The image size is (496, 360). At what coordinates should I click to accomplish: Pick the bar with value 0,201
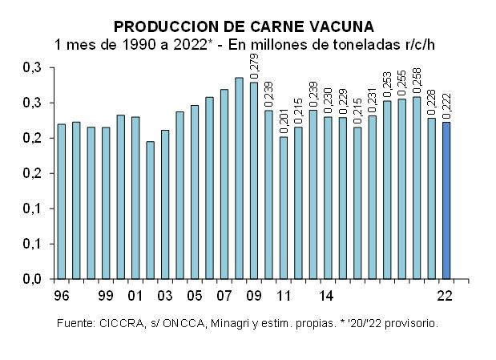tap(284, 208)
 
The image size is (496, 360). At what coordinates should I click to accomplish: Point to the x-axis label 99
tap(106, 296)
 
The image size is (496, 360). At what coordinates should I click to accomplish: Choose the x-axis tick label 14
tap(326, 296)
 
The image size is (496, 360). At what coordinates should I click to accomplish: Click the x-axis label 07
tap(224, 296)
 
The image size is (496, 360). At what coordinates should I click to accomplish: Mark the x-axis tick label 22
tap(446, 296)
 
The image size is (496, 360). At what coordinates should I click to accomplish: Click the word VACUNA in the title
tap(338, 26)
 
